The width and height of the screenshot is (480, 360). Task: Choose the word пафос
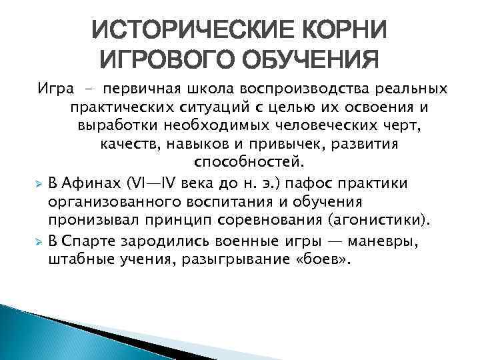[x=315, y=183]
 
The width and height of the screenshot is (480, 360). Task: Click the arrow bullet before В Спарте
[x=39, y=239]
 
